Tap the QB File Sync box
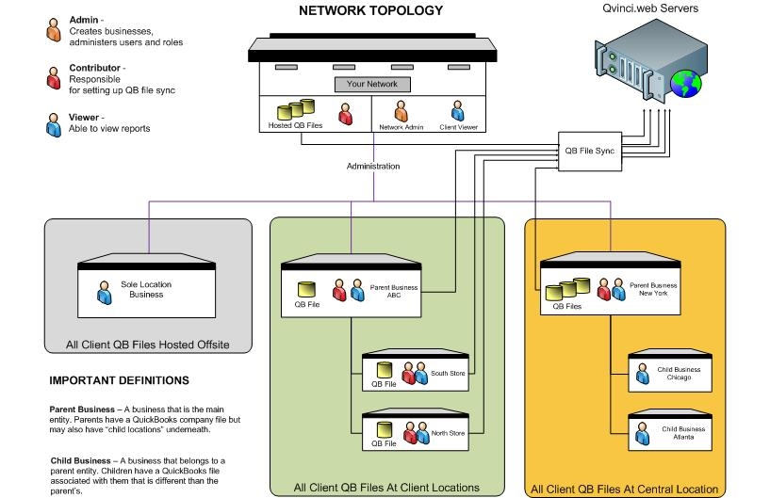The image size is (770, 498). click(589, 150)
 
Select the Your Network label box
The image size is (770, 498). click(372, 84)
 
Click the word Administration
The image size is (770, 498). click(373, 167)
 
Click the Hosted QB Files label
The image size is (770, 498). click(289, 125)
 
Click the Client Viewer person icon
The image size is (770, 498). click(457, 111)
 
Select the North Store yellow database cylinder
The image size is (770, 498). click(383, 426)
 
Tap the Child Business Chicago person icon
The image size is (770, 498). click(643, 375)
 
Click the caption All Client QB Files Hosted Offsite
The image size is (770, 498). click(148, 344)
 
